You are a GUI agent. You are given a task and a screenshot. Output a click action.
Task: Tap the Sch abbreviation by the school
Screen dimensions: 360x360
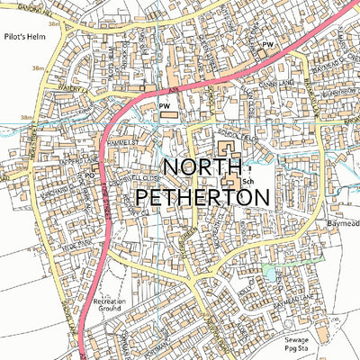[247, 182]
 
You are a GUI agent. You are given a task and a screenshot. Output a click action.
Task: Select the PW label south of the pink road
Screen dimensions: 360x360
[164, 106]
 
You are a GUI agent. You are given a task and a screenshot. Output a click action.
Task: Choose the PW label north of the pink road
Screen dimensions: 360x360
[266, 43]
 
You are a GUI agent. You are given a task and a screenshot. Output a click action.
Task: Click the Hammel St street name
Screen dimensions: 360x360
[120, 142]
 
